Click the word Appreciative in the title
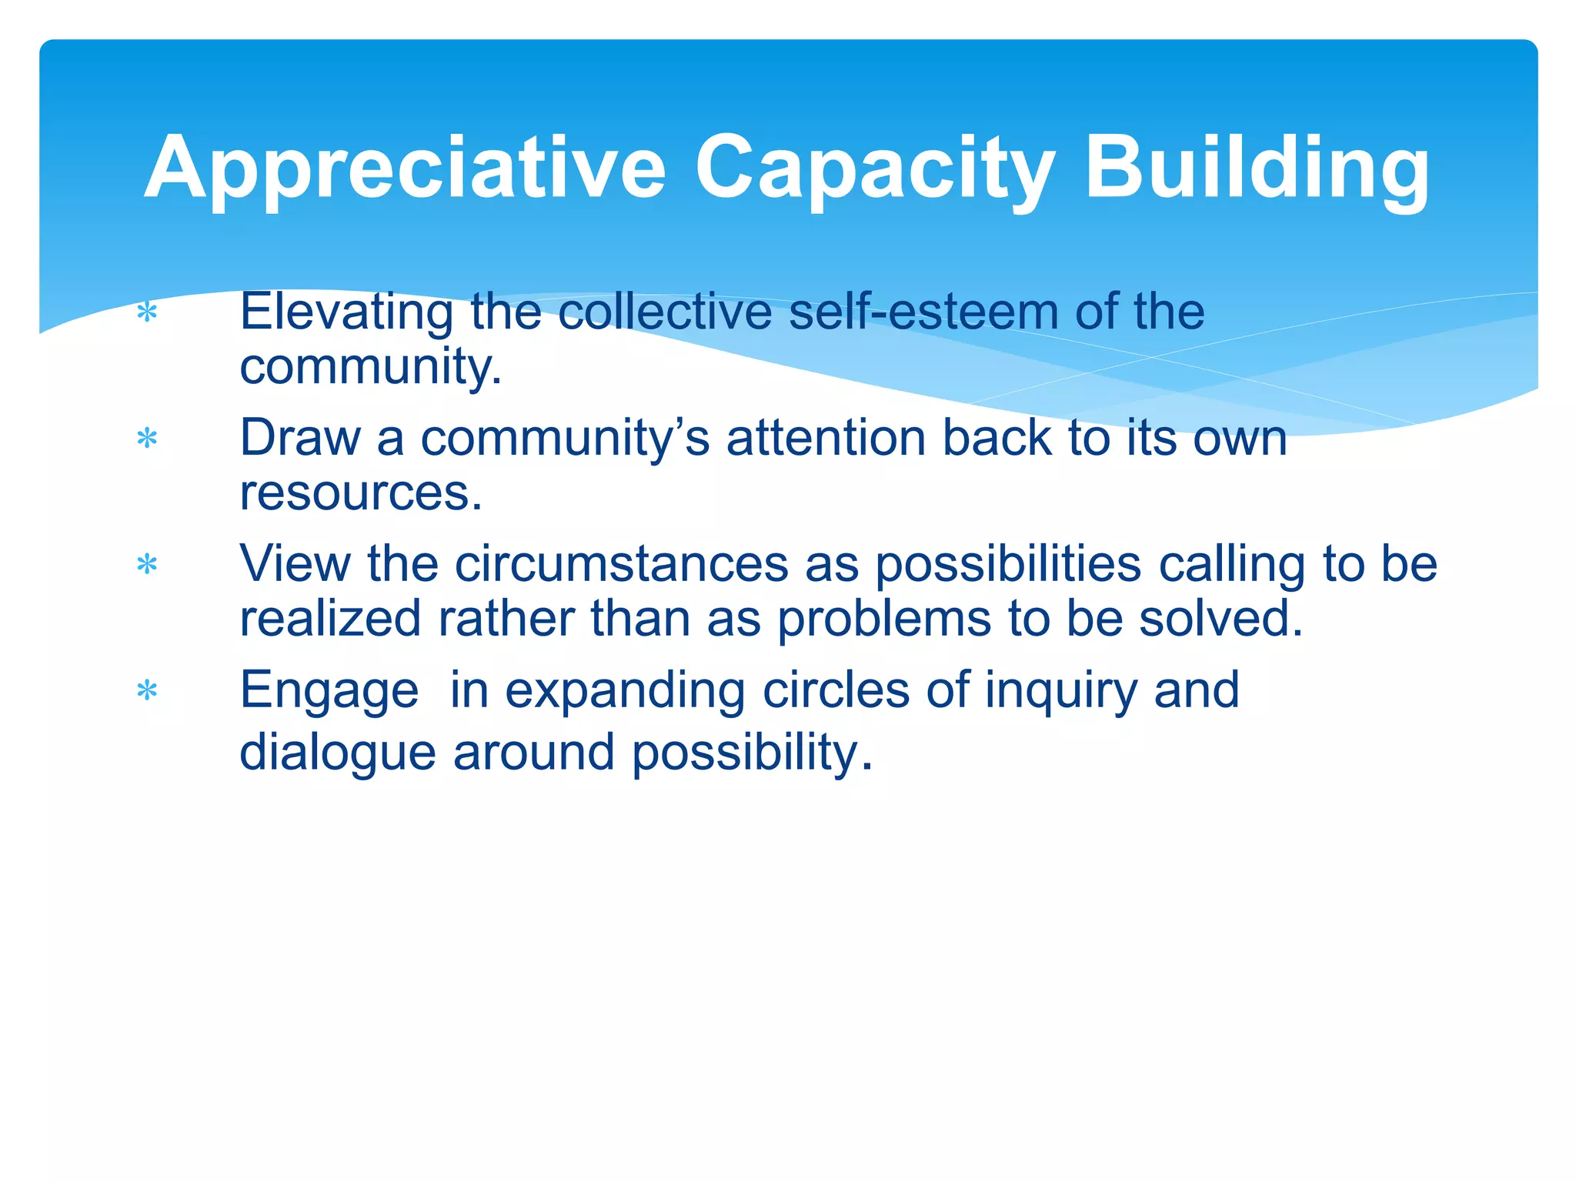pyautogui.click(x=404, y=168)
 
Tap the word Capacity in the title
pyautogui.click(x=875, y=168)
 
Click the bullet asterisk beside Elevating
pyautogui.click(x=146, y=313)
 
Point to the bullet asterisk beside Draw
pyautogui.click(x=146, y=439)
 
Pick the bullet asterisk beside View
pyautogui.click(x=146, y=566)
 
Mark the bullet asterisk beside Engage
pyautogui.click(x=146, y=691)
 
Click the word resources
pyautogui.click(x=360, y=492)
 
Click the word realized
pyautogui.click(x=330, y=618)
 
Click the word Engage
pyautogui.click(x=329, y=690)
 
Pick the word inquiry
pyautogui.click(x=1060, y=690)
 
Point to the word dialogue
pyautogui.click(x=337, y=752)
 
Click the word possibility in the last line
pyautogui.click(x=752, y=752)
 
